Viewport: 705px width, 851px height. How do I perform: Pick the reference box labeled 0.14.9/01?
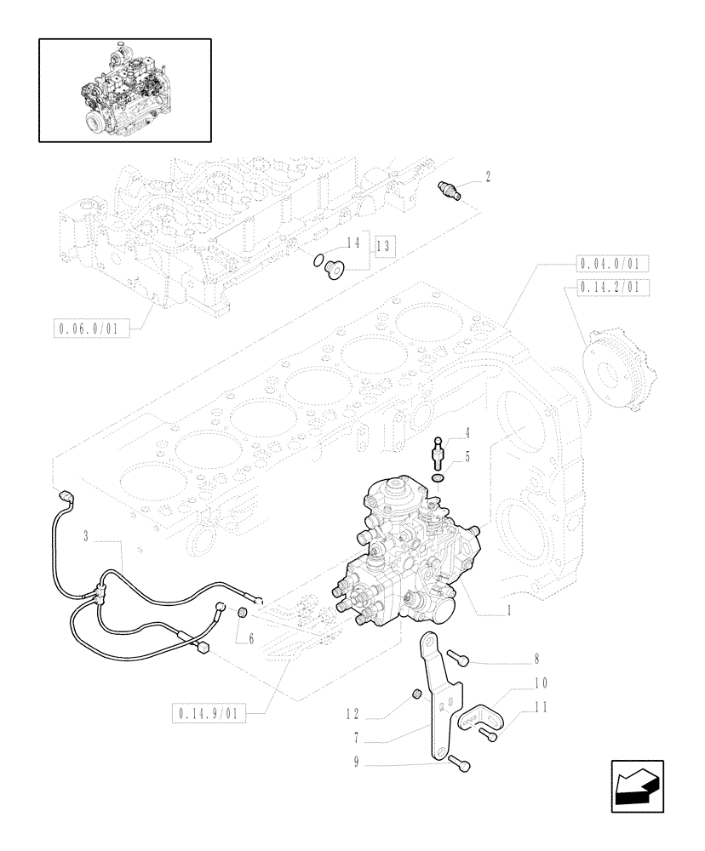208,712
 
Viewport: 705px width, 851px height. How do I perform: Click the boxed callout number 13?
386,246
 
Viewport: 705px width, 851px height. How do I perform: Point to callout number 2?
488,177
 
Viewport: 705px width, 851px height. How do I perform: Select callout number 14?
353,243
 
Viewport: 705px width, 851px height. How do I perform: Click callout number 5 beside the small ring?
467,458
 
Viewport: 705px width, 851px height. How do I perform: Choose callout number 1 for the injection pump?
509,609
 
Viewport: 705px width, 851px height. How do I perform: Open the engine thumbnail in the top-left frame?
125,89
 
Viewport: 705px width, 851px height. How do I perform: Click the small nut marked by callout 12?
416,695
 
